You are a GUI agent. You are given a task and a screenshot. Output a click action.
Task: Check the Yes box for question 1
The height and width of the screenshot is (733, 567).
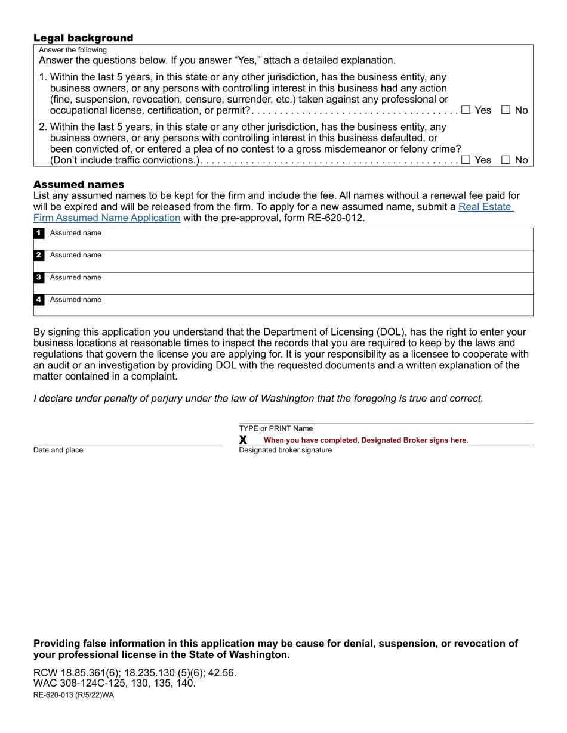(466, 110)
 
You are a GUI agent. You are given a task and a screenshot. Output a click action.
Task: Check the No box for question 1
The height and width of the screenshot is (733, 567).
(506, 110)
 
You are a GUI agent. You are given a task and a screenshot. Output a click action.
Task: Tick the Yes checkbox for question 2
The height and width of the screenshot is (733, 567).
(466, 159)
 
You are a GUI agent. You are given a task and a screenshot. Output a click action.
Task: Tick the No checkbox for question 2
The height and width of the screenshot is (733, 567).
(506, 159)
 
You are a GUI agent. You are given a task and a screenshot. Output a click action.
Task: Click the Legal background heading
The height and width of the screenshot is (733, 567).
(83, 38)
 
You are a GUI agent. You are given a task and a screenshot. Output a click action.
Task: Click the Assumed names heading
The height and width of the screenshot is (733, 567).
(79, 184)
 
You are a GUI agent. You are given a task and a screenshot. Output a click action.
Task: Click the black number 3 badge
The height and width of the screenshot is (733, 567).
(39, 278)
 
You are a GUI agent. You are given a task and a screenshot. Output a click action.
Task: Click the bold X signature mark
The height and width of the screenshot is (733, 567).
(243, 440)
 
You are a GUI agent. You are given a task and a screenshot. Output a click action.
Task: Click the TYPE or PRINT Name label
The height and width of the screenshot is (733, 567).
(276, 428)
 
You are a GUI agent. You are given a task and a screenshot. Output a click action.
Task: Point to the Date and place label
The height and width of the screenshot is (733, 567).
(58, 450)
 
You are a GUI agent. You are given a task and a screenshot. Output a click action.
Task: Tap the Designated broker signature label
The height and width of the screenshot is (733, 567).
(285, 450)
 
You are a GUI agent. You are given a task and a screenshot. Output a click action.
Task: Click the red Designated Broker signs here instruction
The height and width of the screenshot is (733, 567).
(366, 440)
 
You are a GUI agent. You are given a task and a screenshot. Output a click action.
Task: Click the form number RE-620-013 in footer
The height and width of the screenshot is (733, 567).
(73, 695)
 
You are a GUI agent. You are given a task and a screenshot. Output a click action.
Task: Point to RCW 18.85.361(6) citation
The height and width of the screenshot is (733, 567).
(77, 673)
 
